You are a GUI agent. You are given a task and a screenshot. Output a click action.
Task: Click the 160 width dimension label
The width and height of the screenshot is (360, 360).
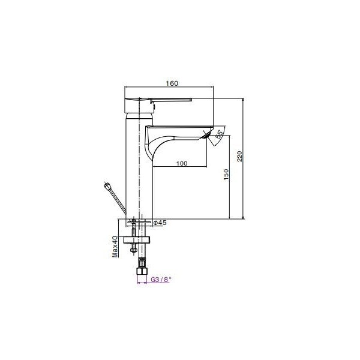[172, 83]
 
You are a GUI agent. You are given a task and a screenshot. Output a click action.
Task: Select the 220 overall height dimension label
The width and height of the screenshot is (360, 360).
[239, 156]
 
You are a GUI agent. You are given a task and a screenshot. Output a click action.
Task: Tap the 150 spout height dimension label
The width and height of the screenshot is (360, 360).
[226, 175]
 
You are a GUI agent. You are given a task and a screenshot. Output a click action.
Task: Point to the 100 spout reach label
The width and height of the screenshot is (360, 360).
[182, 163]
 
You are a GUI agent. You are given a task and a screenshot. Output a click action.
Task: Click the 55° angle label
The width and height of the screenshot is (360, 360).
[220, 134]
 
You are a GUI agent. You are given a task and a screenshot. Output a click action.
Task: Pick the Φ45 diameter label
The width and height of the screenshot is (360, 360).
[160, 223]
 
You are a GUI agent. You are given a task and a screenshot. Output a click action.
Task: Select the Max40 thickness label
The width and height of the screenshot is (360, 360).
[115, 247]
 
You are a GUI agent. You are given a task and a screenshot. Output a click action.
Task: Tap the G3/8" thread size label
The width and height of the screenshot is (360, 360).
[161, 280]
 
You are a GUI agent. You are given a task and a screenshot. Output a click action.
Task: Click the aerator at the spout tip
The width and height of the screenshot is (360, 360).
[206, 135]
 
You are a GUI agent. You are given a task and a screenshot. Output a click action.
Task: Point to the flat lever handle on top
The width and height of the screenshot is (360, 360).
[171, 100]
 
